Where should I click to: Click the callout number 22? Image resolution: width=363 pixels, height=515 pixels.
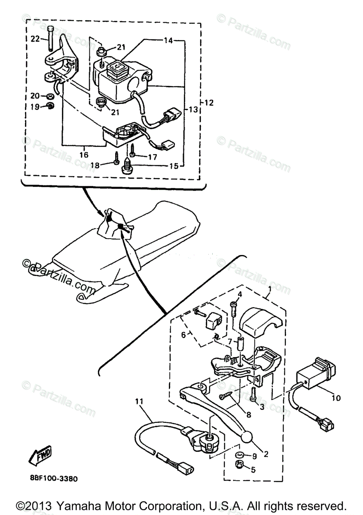coord(35,39)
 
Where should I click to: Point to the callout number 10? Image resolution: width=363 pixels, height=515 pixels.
coord(336,398)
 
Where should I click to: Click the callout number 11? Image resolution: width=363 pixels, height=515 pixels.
coord(138,402)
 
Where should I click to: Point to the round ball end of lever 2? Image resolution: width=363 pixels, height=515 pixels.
coord(247,437)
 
